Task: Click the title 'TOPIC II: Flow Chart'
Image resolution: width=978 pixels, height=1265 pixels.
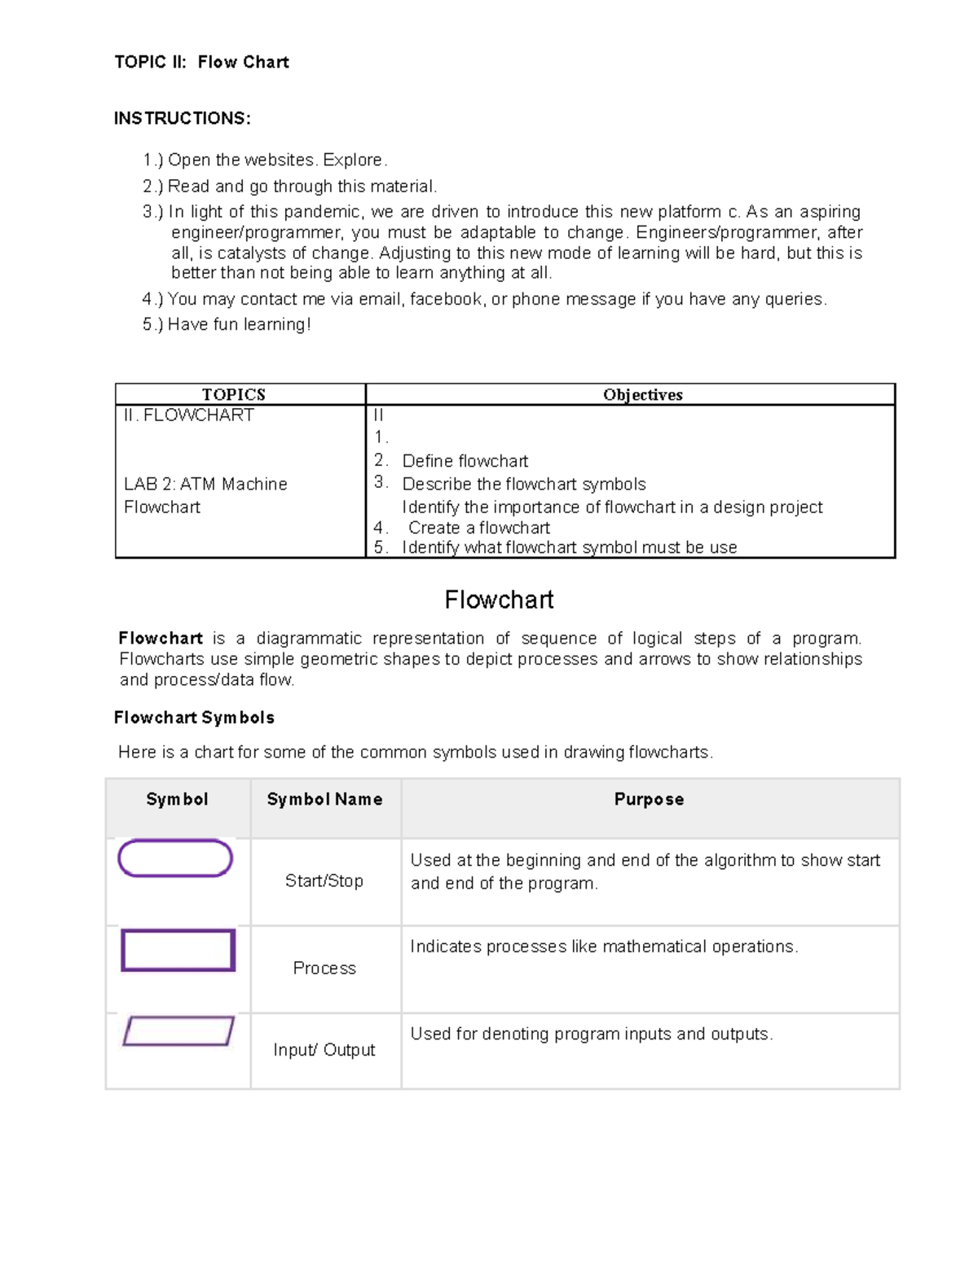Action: point(201,62)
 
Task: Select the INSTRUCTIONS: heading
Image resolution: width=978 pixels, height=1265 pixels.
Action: point(182,118)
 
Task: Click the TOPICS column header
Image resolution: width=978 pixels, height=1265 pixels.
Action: point(234,394)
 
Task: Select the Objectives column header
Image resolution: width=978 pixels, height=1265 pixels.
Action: point(642,394)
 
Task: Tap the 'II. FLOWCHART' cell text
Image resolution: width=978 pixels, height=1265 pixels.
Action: point(188,415)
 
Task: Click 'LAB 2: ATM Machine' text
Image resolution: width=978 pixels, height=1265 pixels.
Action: point(205,484)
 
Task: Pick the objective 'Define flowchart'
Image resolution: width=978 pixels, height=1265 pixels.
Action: point(465,461)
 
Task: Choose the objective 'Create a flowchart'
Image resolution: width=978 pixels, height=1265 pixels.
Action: point(478,528)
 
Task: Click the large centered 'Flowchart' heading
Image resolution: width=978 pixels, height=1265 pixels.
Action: point(499,600)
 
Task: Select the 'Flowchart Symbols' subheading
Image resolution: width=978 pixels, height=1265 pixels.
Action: point(194,718)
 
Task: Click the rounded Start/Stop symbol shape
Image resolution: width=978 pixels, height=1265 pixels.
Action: point(175,859)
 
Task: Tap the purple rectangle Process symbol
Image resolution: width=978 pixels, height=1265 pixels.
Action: point(178,950)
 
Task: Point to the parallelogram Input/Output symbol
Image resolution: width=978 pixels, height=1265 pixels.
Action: point(178,1031)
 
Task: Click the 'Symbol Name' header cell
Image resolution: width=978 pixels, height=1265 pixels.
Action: point(324,799)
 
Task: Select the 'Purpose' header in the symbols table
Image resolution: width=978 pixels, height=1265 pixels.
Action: point(649,799)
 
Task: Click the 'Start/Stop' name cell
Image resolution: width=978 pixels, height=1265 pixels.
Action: point(324,881)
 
